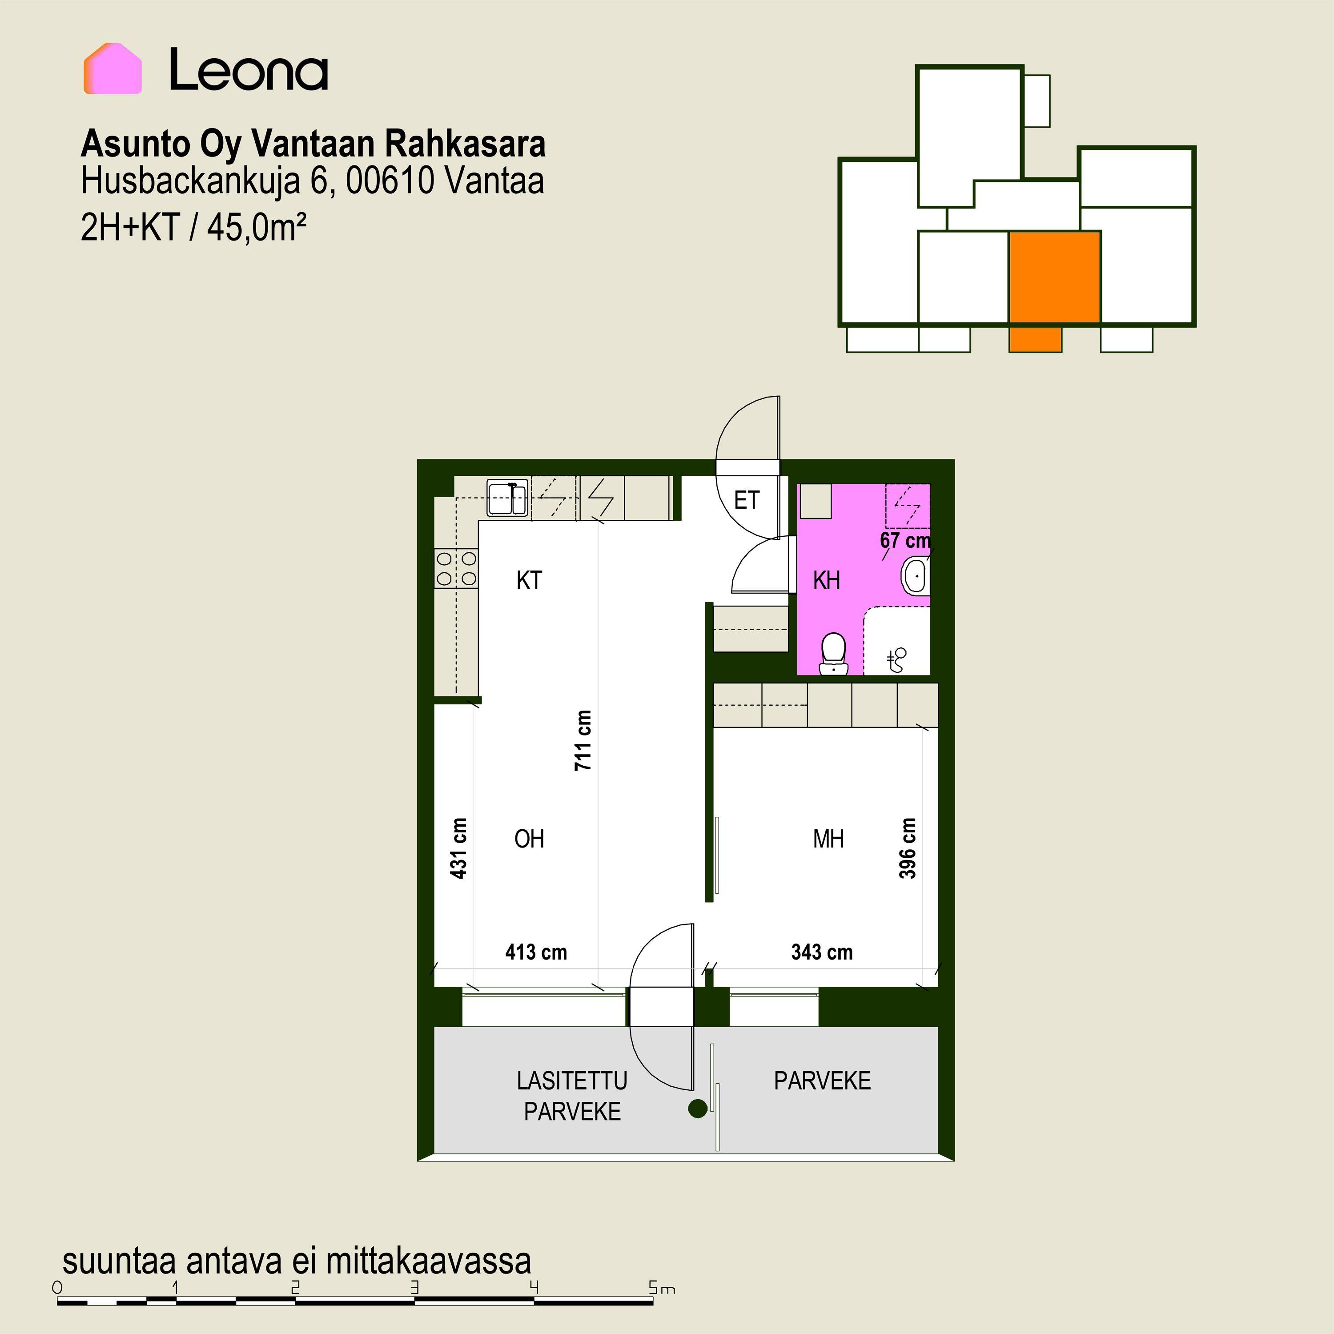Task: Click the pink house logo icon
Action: pos(113,68)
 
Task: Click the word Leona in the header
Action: pos(249,70)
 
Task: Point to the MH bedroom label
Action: pos(828,839)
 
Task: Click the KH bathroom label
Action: pos(827,580)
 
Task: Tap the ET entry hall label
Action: pos(747,500)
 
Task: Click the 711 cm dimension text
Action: pos(583,740)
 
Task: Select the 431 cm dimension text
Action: pos(458,848)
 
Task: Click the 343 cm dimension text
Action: pos(822,952)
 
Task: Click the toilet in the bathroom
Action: pos(833,653)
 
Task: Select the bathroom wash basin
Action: pos(916,574)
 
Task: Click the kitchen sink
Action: pos(507,498)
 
